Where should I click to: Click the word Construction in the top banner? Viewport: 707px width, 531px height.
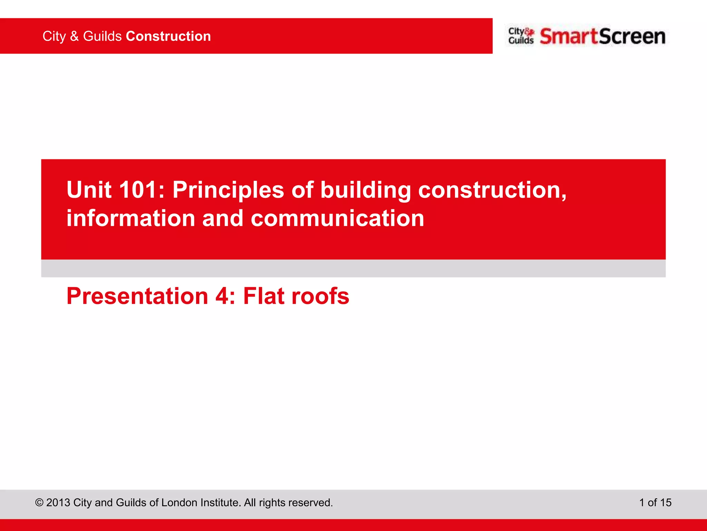pos(168,36)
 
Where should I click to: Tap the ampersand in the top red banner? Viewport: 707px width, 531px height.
pos(74,36)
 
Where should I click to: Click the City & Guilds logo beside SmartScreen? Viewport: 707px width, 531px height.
pos(521,36)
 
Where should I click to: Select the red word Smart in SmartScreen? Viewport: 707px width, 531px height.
pos(568,37)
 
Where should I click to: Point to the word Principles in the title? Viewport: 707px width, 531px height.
pos(228,190)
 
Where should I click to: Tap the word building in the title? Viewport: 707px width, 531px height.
pos(366,190)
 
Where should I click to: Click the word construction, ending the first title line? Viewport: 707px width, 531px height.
pos(492,190)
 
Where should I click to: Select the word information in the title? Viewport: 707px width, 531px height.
pos(131,218)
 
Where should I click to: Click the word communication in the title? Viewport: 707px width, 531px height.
pos(337,218)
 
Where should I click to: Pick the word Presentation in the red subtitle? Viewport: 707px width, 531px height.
pos(137,296)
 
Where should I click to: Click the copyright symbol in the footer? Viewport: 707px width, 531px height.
pos(39,503)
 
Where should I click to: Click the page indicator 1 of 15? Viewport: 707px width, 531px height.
pos(655,503)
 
